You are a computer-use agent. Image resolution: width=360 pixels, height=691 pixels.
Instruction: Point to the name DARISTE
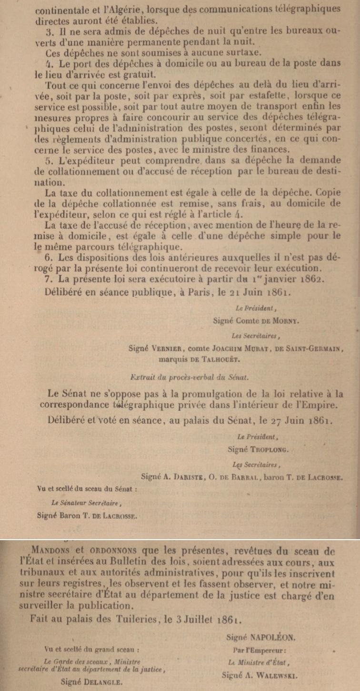pyautogui.click(x=187, y=476)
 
